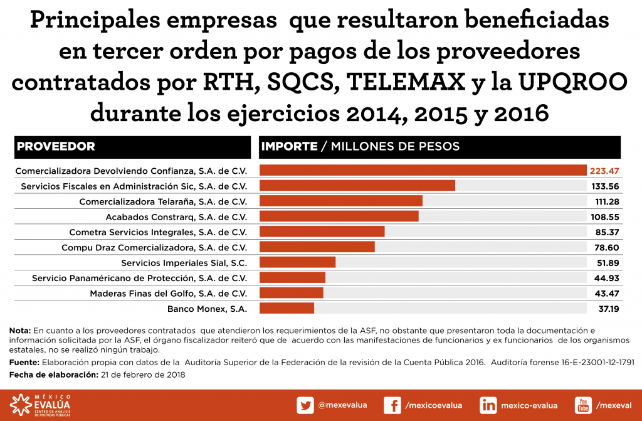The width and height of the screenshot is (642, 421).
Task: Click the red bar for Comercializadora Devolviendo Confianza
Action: [x=423, y=171]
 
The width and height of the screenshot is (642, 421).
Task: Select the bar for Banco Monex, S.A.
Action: [x=287, y=308]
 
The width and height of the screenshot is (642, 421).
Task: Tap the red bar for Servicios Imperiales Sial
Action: [x=297, y=262]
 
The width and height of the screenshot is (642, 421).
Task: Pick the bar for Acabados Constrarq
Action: [x=339, y=216]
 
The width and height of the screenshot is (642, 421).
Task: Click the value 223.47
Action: [x=604, y=171]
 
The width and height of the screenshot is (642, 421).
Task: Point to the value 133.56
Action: [x=606, y=186]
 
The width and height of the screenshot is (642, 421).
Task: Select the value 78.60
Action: [x=607, y=247]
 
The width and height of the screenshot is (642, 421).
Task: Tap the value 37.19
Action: [x=607, y=308]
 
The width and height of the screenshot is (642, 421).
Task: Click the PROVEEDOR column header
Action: [x=56, y=147]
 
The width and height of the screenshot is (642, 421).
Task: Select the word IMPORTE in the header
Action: [x=289, y=147]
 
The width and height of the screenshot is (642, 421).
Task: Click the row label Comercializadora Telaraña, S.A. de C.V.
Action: [x=163, y=201]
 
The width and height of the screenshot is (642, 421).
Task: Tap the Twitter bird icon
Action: [x=305, y=405]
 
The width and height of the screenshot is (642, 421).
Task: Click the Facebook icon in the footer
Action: [x=392, y=405]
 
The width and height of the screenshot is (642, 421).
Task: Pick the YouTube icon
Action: [x=583, y=405]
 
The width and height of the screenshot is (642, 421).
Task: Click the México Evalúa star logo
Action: [x=21, y=405]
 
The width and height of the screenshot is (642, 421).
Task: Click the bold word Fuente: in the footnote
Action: [x=23, y=363]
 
